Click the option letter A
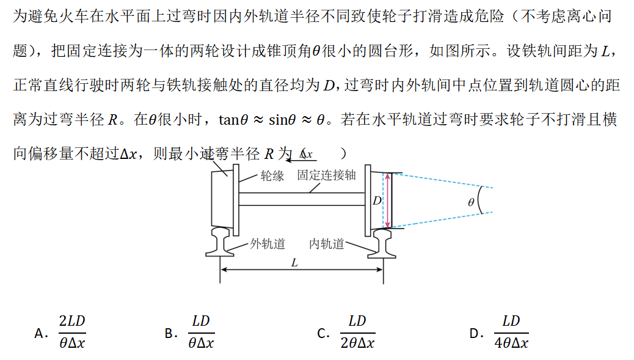pos(40,333)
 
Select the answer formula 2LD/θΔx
pos(72,332)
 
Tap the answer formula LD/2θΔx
pos(357,332)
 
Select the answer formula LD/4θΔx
pos(511,332)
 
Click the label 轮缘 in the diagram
pos(272,176)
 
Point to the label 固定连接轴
pos(326,175)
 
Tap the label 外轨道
pos(268,244)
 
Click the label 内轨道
pos(327,244)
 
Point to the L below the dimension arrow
pos(294,263)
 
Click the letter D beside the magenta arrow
pos(377,200)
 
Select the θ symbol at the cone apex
pos(470,202)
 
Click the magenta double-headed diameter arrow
pos(386,200)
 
